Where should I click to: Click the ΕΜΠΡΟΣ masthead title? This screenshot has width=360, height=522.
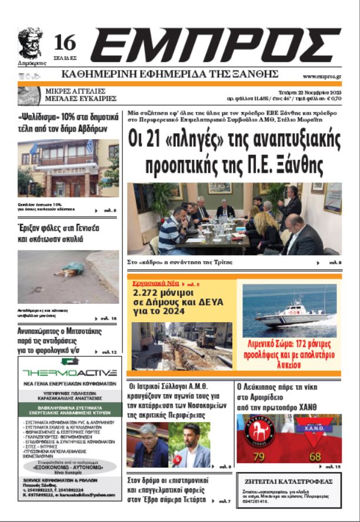click(x=215, y=45)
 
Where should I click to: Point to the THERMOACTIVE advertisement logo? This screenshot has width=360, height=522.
click(x=69, y=372)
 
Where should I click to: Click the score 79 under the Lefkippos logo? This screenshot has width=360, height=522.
click(x=259, y=457)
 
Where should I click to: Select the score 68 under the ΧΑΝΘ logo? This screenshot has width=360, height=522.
click(x=315, y=457)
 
